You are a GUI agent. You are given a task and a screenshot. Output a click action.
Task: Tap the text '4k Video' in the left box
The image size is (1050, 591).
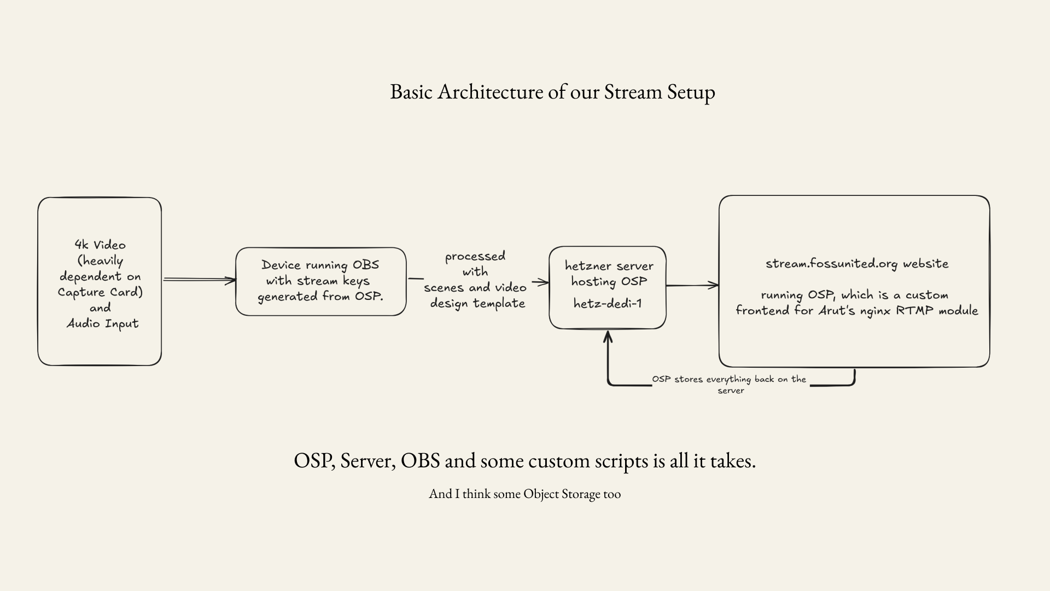point(100,245)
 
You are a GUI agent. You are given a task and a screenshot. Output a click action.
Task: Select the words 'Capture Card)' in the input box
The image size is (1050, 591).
point(100,292)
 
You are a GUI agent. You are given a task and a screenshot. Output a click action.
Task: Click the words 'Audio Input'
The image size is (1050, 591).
point(102,323)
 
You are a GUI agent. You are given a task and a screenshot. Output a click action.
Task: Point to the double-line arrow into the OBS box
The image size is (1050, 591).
point(200,280)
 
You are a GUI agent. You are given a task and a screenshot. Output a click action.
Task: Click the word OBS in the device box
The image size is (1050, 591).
point(365,265)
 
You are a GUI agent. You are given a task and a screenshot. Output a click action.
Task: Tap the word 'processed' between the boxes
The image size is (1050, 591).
point(475,256)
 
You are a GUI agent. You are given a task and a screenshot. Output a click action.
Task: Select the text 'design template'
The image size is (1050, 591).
point(477,303)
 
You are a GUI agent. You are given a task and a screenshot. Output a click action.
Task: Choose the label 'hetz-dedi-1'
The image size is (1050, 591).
point(607,303)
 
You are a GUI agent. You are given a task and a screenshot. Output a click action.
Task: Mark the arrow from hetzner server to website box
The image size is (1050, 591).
point(692,285)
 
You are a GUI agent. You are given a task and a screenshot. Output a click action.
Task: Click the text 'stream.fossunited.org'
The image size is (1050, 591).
point(831,264)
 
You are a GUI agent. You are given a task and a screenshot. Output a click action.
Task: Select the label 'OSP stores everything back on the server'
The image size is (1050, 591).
point(729,385)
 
